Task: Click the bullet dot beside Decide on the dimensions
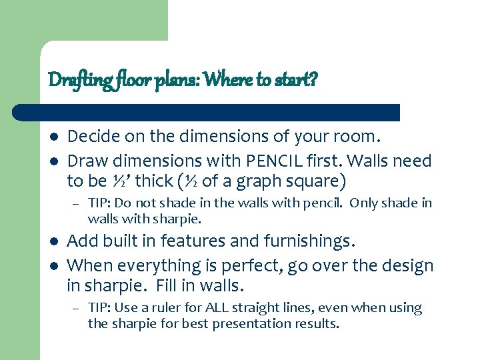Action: (x=54, y=137)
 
